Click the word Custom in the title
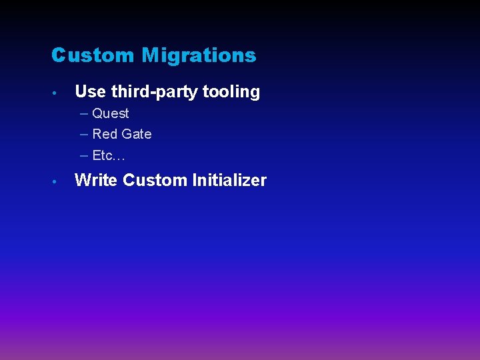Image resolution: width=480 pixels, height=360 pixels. point(94,55)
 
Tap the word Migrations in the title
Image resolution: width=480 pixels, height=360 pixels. point(199,56)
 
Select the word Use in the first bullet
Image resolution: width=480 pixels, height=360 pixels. point(90,92)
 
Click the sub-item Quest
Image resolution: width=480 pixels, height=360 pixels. point(111,114)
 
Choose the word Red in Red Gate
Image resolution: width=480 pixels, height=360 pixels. point(105,134)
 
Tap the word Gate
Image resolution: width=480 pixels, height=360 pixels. point(136,134)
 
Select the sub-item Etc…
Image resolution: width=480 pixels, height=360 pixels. point(109,155)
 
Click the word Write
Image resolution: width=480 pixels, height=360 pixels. point(96,181)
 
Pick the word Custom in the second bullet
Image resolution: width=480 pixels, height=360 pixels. point(155,181)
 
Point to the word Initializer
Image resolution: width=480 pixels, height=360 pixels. point(229,181)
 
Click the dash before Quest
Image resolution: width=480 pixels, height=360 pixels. point(84,114)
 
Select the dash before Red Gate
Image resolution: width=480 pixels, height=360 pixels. point(84,134)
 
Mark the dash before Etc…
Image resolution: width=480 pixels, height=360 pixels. point(84,155)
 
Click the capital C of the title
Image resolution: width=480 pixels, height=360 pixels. point(59,55)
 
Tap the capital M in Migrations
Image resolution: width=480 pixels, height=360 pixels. point(150,55)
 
